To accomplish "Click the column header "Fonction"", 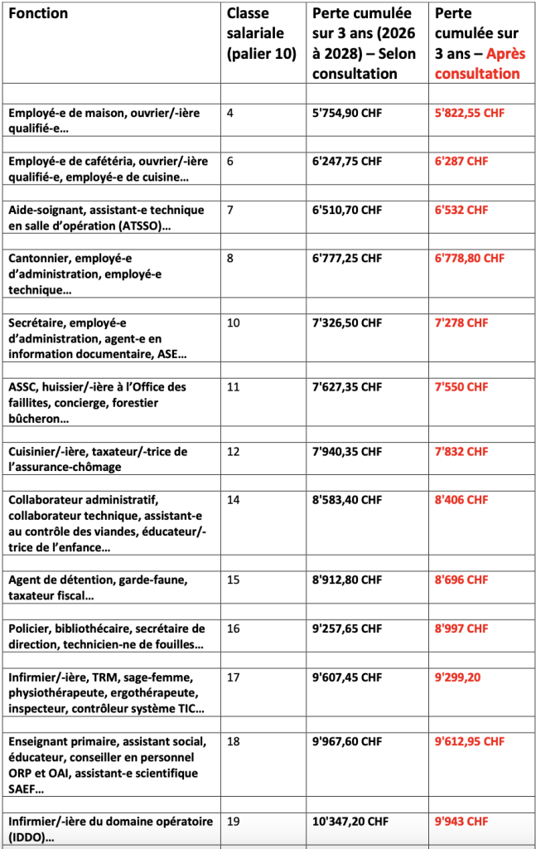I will tap(38, 13).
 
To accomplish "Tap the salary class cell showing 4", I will tap(230, 113).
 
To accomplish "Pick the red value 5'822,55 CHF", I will tap(470, 113).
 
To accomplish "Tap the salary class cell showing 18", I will tap(234, 741).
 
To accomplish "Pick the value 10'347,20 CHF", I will tap(350, 822).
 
